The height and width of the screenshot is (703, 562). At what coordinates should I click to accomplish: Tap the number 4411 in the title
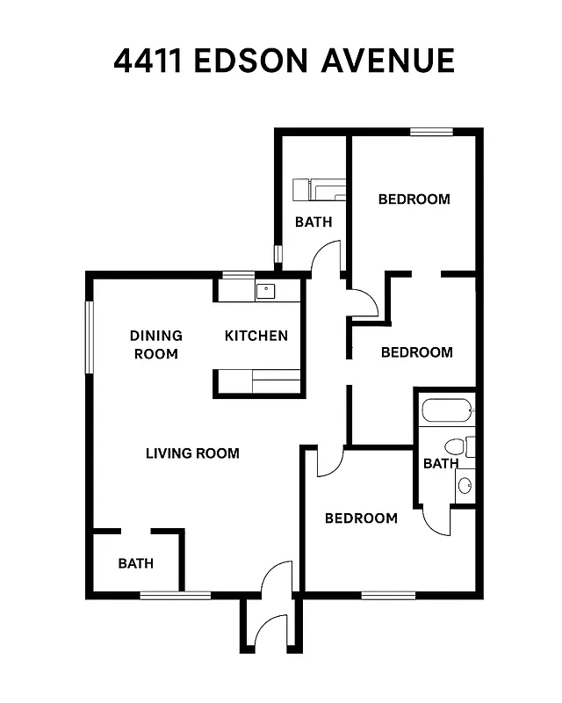147,61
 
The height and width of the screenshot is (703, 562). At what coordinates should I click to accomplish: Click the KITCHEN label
256,335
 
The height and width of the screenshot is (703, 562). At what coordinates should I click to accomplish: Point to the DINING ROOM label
156,344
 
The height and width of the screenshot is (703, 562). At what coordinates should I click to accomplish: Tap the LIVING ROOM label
192,453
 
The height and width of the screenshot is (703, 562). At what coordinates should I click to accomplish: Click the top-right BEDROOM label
414,199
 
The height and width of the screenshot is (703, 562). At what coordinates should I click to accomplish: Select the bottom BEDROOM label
361,518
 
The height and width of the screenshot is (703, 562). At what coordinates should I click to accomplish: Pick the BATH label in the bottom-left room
135,562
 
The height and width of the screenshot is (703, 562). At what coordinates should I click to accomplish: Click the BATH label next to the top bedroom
313,221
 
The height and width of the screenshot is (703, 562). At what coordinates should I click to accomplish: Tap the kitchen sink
265,289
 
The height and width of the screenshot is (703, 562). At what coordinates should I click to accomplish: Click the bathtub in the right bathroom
447,410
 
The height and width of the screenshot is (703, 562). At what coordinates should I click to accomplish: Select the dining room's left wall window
89,337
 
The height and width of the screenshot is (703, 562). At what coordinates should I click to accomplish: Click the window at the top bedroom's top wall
431,132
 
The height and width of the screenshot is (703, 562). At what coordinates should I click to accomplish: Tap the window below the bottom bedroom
388,595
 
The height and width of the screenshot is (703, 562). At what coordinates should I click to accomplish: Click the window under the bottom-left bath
175,595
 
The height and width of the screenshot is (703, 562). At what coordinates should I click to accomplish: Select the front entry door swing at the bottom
275,579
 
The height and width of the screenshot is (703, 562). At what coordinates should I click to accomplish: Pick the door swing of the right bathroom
437,521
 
